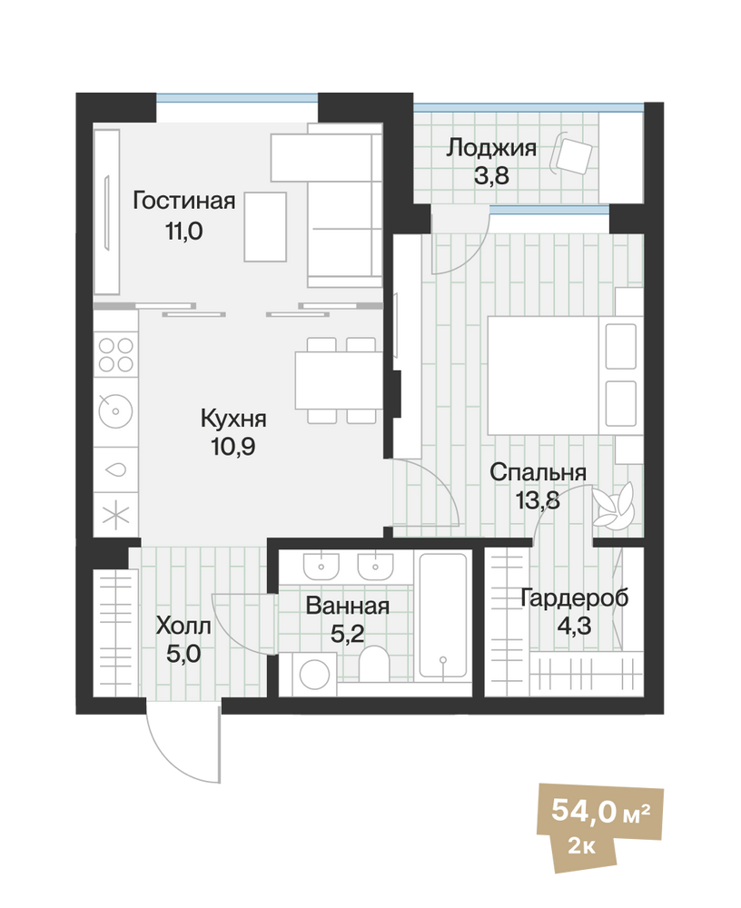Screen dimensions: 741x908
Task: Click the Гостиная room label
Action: coord(184,201)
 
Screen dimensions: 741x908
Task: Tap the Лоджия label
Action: coord(491,148)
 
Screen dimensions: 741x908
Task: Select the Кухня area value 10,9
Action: coord(233,447)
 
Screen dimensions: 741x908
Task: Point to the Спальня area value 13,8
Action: coord(538,499)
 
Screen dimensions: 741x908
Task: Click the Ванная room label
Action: coord(348,606)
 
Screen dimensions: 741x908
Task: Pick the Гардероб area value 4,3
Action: coord(575,626)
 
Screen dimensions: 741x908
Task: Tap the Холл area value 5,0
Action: coord(183,654)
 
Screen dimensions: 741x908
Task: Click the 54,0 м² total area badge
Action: coord(600,811)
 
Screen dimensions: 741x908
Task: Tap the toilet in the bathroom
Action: coord(374,665)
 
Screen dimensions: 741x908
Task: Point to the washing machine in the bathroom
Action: coord(314,675)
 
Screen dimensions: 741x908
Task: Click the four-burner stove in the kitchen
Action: coord(116,354)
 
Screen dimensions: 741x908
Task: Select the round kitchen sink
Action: coord(116,411)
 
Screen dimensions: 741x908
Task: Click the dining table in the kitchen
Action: coord(339,380)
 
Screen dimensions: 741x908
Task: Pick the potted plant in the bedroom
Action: coord(613,504)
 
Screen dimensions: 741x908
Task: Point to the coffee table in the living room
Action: coord(265,227)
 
